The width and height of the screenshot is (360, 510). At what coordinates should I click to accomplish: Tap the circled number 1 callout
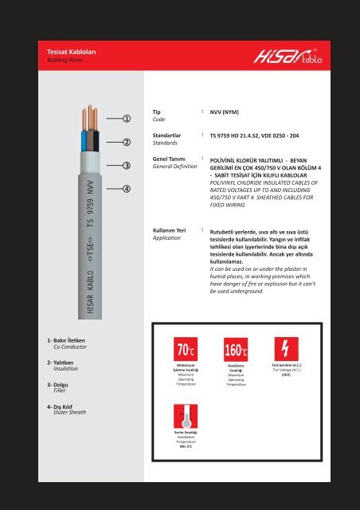click(x=127, y=120)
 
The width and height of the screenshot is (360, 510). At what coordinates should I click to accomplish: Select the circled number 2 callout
click(x=127, y=143)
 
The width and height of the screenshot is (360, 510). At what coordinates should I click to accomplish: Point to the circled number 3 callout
click(x=127, y=166)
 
